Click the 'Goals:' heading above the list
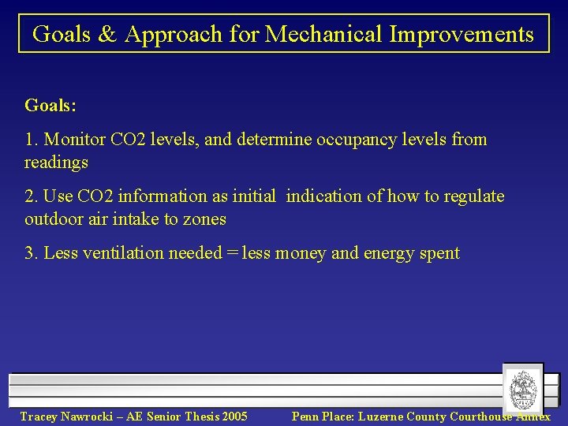tap(51, 105)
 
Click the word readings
tap(56, 163)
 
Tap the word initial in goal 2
tap(252, 196)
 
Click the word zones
tap(204, 219)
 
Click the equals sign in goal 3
tap(232, 253)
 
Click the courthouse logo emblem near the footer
tap(523, 389)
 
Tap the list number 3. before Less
tap(32, 253)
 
